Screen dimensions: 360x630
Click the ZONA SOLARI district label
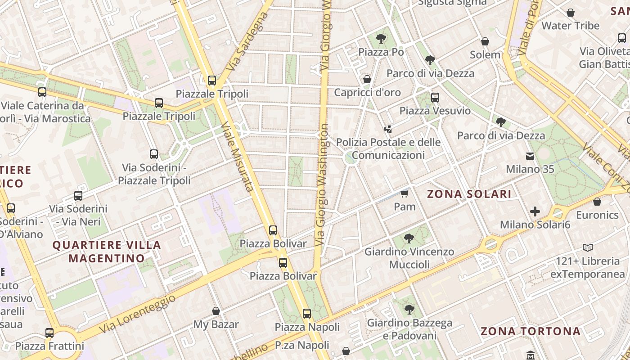tap(469, 194)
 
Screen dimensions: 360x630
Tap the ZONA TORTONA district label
tap(531, 332)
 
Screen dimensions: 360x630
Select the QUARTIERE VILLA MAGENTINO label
tap(107, 252)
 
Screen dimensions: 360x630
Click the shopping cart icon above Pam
tap(404, 193)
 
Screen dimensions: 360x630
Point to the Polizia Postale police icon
tap(388, 129)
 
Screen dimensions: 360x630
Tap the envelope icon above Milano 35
tap(530, 156)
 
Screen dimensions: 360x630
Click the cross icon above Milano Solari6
tap(535, 211)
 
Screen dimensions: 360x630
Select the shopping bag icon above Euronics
tap(597, 202)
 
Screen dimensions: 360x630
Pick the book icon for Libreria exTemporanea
tap(587, 247)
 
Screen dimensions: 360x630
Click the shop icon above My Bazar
tap(216, 311)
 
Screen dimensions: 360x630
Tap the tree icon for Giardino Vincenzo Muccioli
tap(409, 238)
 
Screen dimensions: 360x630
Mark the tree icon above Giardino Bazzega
tap(409, 309)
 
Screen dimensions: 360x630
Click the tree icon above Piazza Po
tap(381, 38)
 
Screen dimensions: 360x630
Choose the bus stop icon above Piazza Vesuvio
tap(435, 97)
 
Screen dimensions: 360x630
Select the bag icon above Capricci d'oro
tap(367, 79)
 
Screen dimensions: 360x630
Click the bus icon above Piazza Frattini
tap(49, 333)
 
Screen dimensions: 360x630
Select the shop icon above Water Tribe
tap(571, 13)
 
